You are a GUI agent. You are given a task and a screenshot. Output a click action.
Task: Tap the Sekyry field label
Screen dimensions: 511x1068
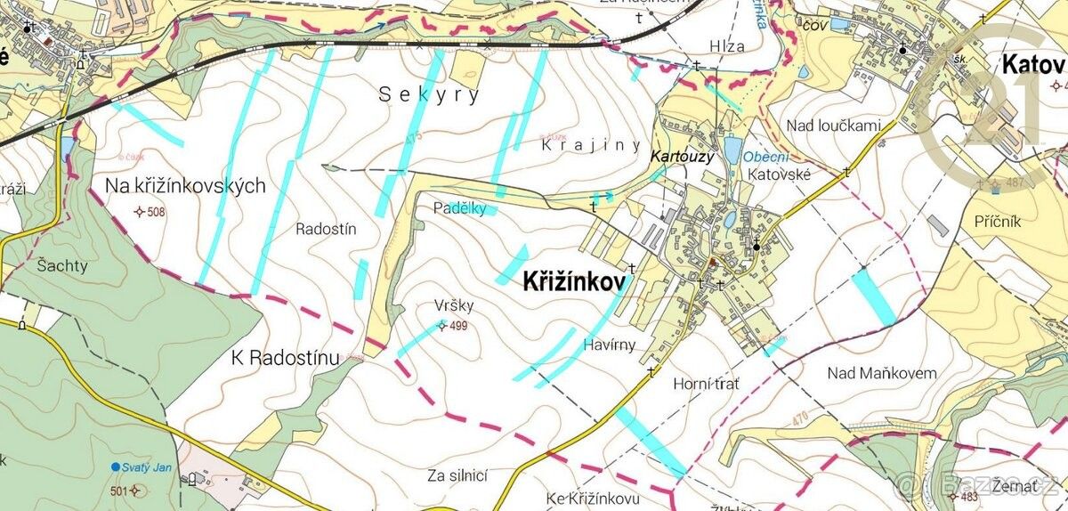(429, 94)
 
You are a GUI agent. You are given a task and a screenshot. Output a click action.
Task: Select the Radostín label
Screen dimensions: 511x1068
(326, 229)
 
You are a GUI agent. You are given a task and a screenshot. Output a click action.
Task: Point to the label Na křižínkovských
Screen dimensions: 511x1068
(186, 185)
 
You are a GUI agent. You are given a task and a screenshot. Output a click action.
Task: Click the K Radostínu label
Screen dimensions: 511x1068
(285, 358)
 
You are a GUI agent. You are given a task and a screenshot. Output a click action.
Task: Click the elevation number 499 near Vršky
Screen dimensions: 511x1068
(458, 326)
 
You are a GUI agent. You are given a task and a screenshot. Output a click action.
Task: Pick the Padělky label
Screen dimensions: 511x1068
(459, 208)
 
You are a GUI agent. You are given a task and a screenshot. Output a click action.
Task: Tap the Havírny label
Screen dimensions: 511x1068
(611, 345)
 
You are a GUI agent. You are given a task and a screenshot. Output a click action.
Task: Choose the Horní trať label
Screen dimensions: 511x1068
(707, 383)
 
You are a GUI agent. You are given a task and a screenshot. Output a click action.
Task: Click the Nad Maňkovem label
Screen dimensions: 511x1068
(881, 373)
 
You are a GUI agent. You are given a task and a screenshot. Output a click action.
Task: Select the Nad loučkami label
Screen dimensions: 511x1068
(833, 126)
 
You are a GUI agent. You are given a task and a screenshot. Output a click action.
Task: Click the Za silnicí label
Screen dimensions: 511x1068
(457, 475)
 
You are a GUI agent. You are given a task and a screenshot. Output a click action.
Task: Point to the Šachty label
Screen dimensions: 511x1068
(62, 265)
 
